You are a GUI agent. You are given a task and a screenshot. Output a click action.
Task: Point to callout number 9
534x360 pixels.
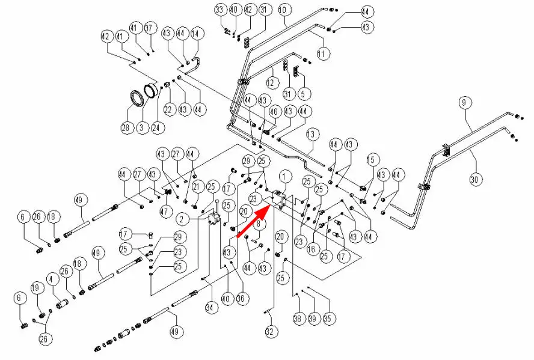click(464, 103)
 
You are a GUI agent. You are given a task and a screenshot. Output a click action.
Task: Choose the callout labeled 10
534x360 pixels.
click(283, 10)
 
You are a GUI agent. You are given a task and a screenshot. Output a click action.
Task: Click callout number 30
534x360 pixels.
click(475, 179)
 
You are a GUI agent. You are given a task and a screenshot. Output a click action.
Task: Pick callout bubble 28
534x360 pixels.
click(126, 128)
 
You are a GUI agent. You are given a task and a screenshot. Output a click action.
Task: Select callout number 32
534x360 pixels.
click(269, 331)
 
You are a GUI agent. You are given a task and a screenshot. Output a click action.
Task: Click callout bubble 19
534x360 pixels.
click(35, 288)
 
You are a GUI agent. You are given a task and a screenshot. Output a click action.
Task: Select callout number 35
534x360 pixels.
click(328, 319)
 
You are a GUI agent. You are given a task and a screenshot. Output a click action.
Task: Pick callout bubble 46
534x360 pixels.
click(274, 111)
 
